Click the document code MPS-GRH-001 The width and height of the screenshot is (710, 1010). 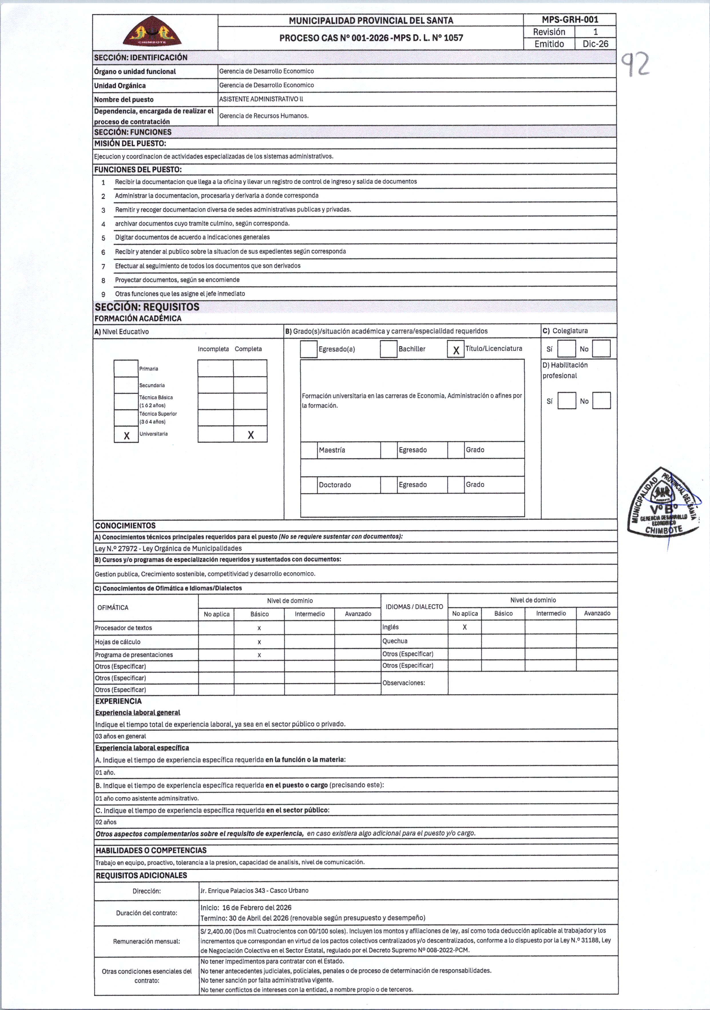click(x=570, y=20)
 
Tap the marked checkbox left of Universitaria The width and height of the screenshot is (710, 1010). click(x=126, y=435)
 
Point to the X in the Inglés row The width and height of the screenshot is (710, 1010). click(x=465, y=627)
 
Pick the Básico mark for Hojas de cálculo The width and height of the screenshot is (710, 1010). click(x=259, y=642)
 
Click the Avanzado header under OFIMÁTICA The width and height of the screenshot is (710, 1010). click(x=358, y=614)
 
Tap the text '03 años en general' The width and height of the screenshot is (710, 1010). click(x=120, y=736)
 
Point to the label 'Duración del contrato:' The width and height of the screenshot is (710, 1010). click(x=146, y=913)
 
